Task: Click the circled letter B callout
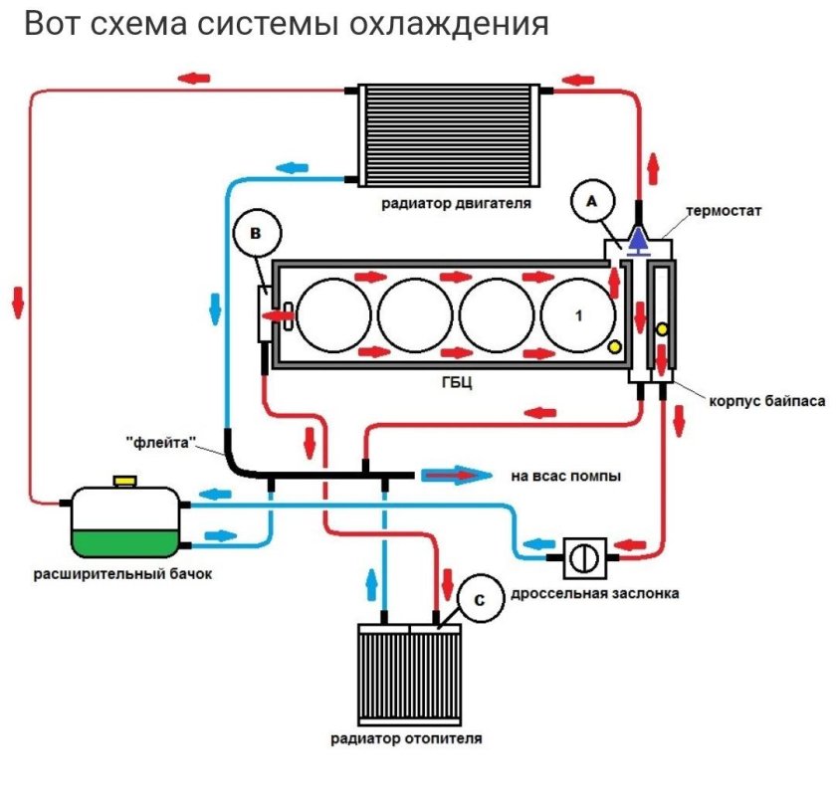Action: (x=256, y=236)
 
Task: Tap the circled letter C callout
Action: (x=480, y=601)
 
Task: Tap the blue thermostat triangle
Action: (x=637, y=239)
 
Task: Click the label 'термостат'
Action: (x=723, y=212)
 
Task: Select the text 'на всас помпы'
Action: (x=565, y=477)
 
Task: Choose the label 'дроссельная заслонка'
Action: (x=594, y=593)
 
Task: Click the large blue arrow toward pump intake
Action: (x=457, y=476)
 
